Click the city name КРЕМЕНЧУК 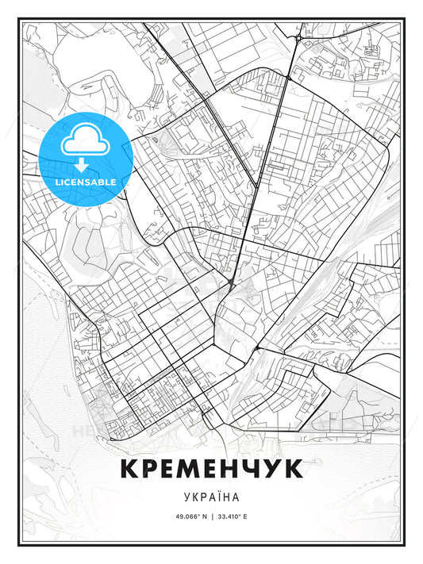tap(211, 469)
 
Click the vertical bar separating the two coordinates tap(211, 516)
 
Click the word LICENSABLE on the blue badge tap(85, 182)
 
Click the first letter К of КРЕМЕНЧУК tap(132, 469)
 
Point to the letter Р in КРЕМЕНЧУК tap(153, 469)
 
